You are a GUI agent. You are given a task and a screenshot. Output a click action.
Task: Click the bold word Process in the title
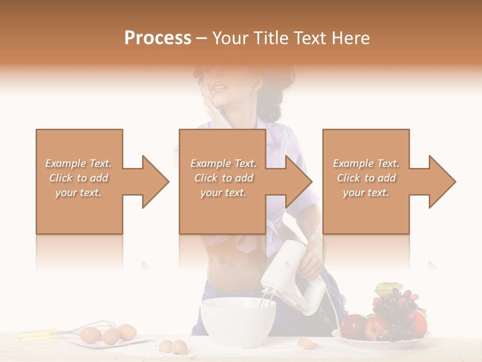pyautogui.click(x=158, y=38)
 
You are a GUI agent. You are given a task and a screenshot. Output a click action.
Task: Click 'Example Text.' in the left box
pyautogui.click(x=79, y=163)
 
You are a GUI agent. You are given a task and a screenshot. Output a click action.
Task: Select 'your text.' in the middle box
pyautogui.click(x=223, y=193)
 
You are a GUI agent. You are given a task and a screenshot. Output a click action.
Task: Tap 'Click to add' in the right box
pyautogui.click(x=366, y=178)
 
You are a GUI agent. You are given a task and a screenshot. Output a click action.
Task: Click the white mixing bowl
pyautogui.click(x=238, y=322)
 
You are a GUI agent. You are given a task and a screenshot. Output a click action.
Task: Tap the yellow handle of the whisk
pyautogui.click(x=38, y=334)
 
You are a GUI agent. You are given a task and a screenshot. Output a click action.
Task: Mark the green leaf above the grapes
pyautogui.click(x=386, y=289)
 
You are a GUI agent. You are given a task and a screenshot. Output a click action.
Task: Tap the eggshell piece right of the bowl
pyautogui.click(x=305, y=343)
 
